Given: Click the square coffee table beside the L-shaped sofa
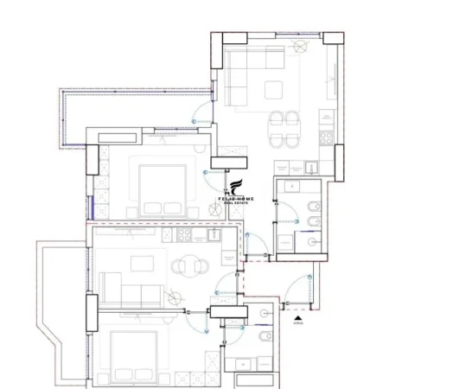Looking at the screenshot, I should click(275, 89).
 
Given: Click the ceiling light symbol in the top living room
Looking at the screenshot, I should click(301, 48).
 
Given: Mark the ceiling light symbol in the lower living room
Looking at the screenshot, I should click(176, 299).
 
